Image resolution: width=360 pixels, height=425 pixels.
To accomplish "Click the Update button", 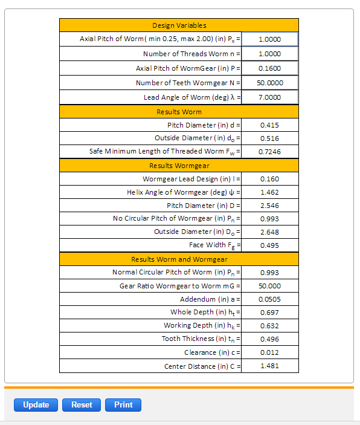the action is [36, 405].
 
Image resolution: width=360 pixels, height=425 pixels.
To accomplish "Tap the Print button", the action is [123, 405].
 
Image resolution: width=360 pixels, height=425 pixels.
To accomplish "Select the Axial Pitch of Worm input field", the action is [270, 39].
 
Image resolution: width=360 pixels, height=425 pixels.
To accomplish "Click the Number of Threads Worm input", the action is [270, 54].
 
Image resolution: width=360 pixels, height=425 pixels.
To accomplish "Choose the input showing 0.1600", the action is [270, 68].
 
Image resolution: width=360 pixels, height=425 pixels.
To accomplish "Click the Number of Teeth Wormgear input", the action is [270, 83].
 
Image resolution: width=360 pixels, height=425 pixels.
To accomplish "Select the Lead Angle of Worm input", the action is [270, 97].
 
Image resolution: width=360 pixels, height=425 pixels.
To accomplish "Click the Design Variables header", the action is [179, 25].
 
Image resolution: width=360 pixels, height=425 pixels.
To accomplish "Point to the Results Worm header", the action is [179, 112].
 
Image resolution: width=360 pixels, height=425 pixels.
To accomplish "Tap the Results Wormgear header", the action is [179, 165].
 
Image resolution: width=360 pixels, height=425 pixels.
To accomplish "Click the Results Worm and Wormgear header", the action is [179, 259].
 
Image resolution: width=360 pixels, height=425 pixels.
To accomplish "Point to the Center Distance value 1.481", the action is [269, 366].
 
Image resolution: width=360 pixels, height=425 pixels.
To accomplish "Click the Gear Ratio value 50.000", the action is [269, 286].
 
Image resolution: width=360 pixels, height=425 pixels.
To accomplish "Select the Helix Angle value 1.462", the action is [269, 192].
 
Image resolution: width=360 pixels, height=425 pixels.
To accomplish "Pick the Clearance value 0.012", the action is [269, 352].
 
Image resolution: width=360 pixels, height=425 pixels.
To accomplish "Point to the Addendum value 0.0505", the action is [269, 299].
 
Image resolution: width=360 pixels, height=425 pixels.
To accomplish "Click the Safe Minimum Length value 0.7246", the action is [269, 152].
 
